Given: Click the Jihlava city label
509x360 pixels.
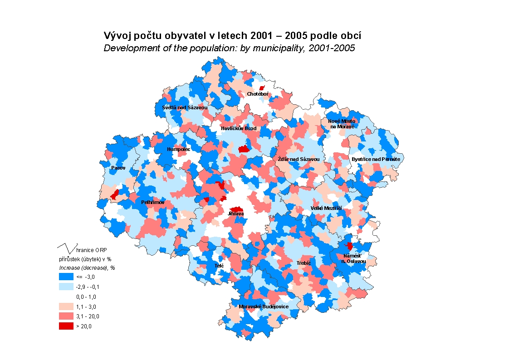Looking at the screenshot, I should tap(236, 214).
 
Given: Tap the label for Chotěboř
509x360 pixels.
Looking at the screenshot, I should tap(258, 94).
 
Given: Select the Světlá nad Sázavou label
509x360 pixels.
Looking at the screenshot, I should tap(185, 107).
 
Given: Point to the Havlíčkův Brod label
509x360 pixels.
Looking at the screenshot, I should tap(239, 128).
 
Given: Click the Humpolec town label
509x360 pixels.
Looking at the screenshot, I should tap(179, 149).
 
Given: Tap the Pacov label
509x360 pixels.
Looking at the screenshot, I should tap(118, 168).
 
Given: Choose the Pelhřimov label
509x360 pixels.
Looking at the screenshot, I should tap(153, 202).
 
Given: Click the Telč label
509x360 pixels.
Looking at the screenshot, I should tap(219, 266).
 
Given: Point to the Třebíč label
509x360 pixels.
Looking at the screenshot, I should tap(304, 263).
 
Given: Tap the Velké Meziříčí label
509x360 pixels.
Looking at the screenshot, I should tap(326, 208).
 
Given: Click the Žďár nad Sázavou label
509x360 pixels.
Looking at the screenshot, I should tap(299, 160).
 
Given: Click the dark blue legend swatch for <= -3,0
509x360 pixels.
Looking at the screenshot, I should tap(66, 277).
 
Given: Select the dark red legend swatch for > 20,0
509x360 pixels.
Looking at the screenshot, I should tap(66, 326).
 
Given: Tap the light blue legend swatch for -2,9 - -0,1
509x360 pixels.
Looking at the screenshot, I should tap(66, 287).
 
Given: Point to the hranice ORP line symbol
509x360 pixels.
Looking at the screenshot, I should tap(66, 248).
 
